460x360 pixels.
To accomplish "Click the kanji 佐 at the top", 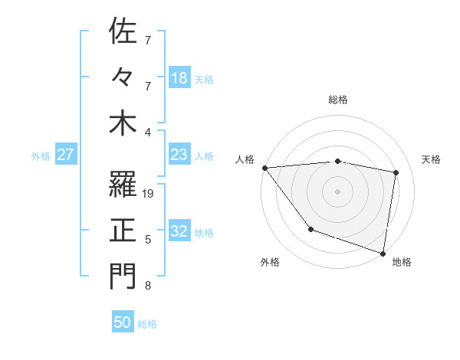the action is (123, 32).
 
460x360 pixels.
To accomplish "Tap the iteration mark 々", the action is (123, 77).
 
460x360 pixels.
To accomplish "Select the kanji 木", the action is (123, 123).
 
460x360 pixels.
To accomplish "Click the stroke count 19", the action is (149, 194).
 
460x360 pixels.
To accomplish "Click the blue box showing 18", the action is (179, 77).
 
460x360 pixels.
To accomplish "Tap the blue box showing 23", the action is (179, 155).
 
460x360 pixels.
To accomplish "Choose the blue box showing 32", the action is (179, 232).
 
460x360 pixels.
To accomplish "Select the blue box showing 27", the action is (65, 155).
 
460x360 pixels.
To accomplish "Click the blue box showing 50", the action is (123, 322).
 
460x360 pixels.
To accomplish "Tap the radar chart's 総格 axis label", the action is (337, 100).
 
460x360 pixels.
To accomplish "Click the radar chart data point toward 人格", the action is (264, 168).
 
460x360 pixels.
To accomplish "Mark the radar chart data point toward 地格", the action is (383, 252).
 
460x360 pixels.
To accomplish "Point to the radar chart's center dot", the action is (337, 191).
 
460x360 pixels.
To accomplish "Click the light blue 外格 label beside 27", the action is (41, 155).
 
